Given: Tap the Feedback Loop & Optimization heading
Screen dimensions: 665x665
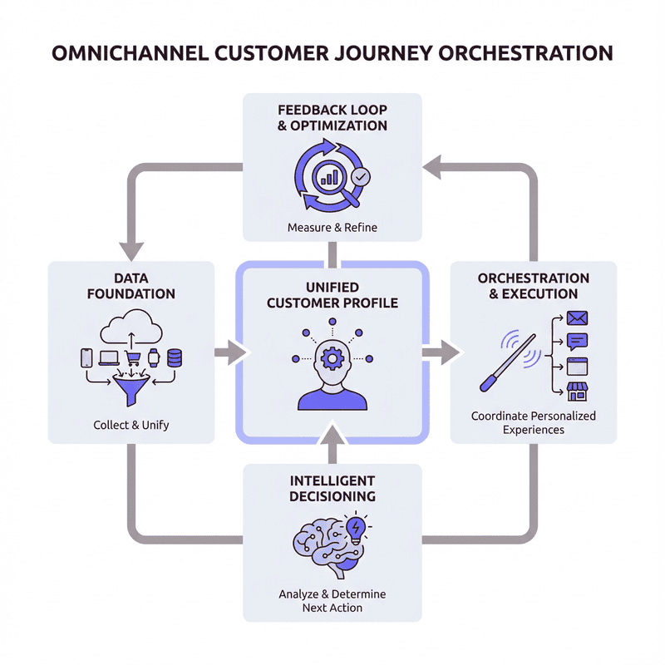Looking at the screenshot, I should pyautogui.click(x=332, y=118).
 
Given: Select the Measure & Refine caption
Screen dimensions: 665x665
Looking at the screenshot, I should pyautogui.click(x=332, y=227).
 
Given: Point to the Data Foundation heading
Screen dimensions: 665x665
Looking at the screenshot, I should pyautogui.click(x=134, y=286).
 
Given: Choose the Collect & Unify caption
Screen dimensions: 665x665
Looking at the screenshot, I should pyautogui.click(x=131, y=425).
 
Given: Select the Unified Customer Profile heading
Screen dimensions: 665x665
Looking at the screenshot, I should pyautogui.click(x=332, y=295).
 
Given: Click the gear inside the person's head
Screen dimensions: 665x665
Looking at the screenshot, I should pyautogui.click(x=332, y=358).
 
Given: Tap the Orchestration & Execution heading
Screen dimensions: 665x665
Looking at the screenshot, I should pyautogui.click(x=534, y=286).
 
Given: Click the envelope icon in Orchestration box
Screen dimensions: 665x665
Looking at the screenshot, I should pyautogui.click(x=576, y=318).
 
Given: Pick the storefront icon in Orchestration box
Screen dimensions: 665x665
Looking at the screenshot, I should pyautogui.click(x=576, y=391).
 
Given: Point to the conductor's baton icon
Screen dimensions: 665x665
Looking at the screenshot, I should pyautogui.click(x=504, y=362).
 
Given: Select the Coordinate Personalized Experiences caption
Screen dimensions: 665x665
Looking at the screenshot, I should pyautogui.click(x=534, y=422).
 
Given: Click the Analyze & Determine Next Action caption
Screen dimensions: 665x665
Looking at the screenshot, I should pyautogui.click(x=332, y=601).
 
